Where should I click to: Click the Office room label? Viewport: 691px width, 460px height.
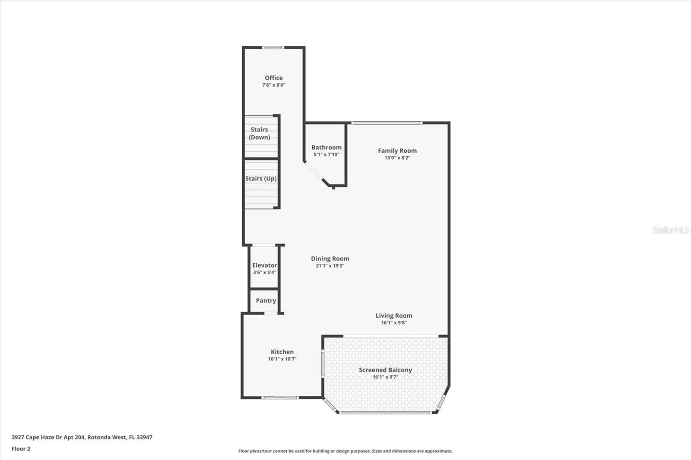tap(274, 78)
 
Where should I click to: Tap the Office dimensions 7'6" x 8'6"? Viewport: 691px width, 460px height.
tap(274, 85)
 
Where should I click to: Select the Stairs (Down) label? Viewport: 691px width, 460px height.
tap(259, 133)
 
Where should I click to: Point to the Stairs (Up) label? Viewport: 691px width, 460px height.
tap(261, 178)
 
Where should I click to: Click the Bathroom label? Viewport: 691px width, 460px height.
tap(326, 147)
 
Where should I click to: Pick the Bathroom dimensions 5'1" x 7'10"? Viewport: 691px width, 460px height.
tap(326, 154)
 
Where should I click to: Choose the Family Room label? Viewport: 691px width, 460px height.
tap(397, 151)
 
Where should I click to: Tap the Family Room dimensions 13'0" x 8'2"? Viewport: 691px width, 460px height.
tap(397, 158)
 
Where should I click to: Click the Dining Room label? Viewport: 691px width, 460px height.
tap(330, 258)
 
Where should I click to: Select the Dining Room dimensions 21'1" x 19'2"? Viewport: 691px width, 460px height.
tap(330, 266)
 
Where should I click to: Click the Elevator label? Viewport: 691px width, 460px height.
tap(265, 265)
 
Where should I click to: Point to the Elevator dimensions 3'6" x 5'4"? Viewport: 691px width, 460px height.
tap(265, 272)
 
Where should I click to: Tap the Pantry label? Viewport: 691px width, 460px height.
tap(266, 300)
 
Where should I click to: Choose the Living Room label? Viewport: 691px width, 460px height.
tap(394, 315)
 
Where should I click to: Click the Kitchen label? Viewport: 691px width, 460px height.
tap(282, 352)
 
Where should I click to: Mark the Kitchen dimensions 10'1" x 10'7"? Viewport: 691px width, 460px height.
tap(282, 359)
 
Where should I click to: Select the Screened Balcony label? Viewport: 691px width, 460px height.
tap(385, 370)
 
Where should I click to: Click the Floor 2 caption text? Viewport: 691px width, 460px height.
tap(21, 449)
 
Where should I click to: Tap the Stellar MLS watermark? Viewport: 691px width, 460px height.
tap(671, 230)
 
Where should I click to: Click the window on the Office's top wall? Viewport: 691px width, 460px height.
tap(273, 47)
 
